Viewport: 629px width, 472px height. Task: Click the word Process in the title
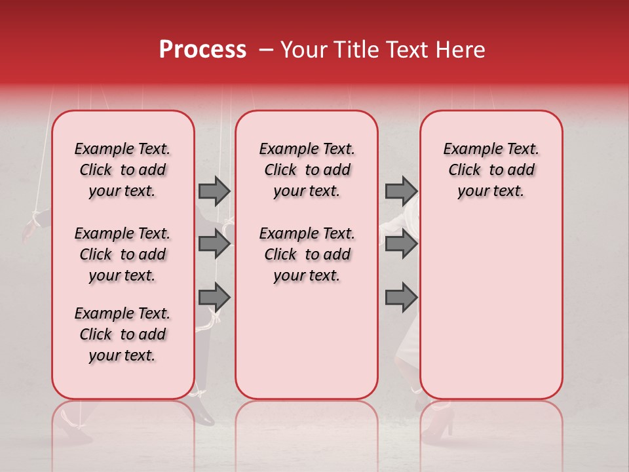pos(202,50)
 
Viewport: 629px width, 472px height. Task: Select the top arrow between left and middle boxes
pos(214,191)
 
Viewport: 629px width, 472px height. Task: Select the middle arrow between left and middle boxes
pos(214,245)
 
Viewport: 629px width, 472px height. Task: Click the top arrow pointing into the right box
pos(401,191)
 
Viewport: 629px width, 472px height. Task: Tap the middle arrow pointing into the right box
pos(401,245)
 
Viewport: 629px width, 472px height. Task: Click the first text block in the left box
pos(123,170)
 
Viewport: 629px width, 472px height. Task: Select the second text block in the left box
pos(123,254)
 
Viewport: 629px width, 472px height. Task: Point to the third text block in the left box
pos(123,334)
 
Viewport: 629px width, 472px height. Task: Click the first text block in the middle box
pos(307,170)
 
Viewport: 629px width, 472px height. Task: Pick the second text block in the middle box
pos(307,254)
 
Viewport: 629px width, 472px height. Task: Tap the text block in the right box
pos(491,170)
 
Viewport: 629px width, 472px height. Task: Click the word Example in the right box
pos(467,149)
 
